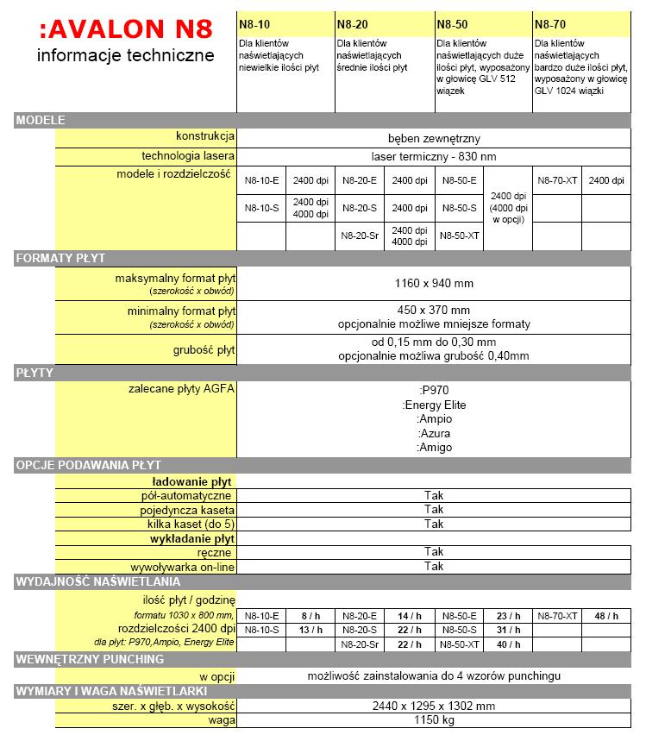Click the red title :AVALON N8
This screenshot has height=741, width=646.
[x=124, y=29]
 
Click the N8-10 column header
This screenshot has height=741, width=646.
[x=254, y=24]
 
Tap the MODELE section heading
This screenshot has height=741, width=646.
[x=41, y=120]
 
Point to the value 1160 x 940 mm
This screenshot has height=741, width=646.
[x=434, y=283]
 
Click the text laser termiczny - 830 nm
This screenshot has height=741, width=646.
[x=434, y=157]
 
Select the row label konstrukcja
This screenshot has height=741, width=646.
[x=204, y=137]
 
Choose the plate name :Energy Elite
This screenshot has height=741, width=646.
[x=434, y=403]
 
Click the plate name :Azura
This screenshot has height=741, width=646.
[x=434, y=433]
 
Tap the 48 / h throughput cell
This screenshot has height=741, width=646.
[x=606, y=616]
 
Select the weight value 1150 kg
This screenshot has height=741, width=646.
[x=434, y=719]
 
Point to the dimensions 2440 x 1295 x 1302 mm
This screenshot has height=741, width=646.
[x=434, y=705]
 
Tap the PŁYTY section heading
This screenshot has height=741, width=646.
[x=35, y=372]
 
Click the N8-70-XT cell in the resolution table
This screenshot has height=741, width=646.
[x=557, y=180]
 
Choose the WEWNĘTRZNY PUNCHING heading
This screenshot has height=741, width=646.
[x=90, y=659]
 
